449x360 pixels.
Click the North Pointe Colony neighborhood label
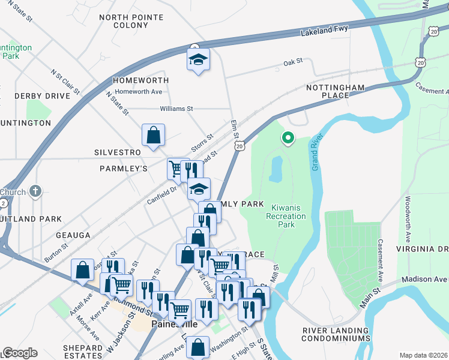131,22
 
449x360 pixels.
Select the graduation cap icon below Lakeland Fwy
198,60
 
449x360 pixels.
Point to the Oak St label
292,62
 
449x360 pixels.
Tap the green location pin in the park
288,138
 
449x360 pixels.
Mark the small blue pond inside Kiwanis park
276,169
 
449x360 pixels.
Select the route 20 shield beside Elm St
240,146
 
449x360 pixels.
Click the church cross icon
36,192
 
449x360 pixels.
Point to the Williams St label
176,109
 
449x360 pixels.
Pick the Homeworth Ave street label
139,92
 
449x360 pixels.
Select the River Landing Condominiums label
336,334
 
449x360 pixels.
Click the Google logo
20,353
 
